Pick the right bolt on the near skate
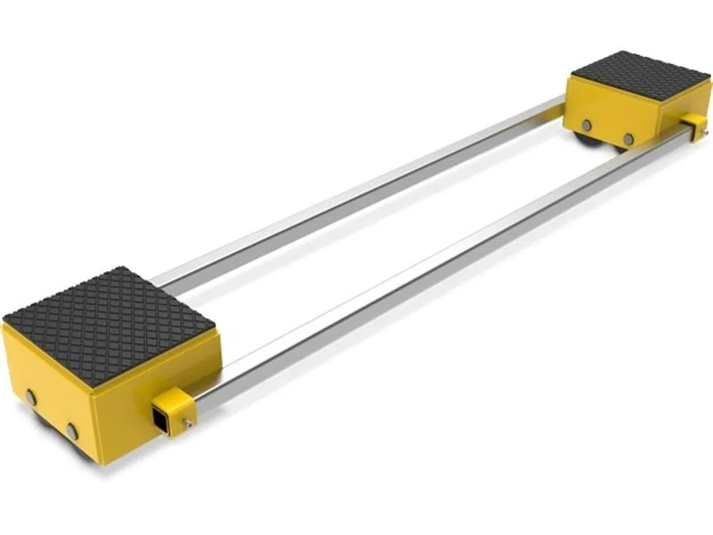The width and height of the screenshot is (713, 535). point(72,431)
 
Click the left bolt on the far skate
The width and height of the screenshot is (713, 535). point(586,124)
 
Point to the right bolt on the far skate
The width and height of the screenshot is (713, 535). point(628,138)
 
